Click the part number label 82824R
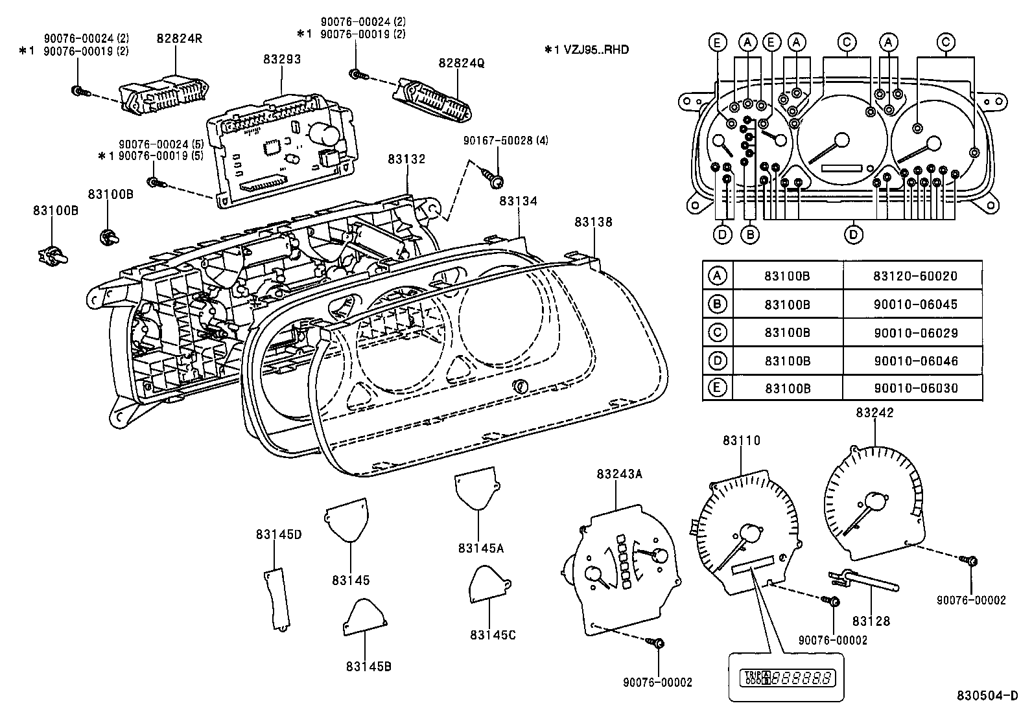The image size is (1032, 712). click(x=179, y=38)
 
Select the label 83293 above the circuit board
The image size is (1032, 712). click(x=282, y=59)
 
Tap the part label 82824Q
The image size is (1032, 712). click(x=460, y=63)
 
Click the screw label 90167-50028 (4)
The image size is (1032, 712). click(x=506, y=141)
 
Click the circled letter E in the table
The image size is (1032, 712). click(x=717, y=387)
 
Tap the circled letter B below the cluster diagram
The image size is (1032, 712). click(x=750, y=234)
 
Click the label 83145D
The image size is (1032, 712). click(x=279, y=534)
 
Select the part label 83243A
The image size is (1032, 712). click(x=619, y=474)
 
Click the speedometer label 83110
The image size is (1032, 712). click(x=742, y=441)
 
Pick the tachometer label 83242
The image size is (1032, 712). click(x=874, y=413)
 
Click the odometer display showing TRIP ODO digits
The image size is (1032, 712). click(x=786, y=678)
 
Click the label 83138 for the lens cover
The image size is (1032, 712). click(x=592, y=222)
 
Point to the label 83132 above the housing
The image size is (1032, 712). click(x=407, y=159)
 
